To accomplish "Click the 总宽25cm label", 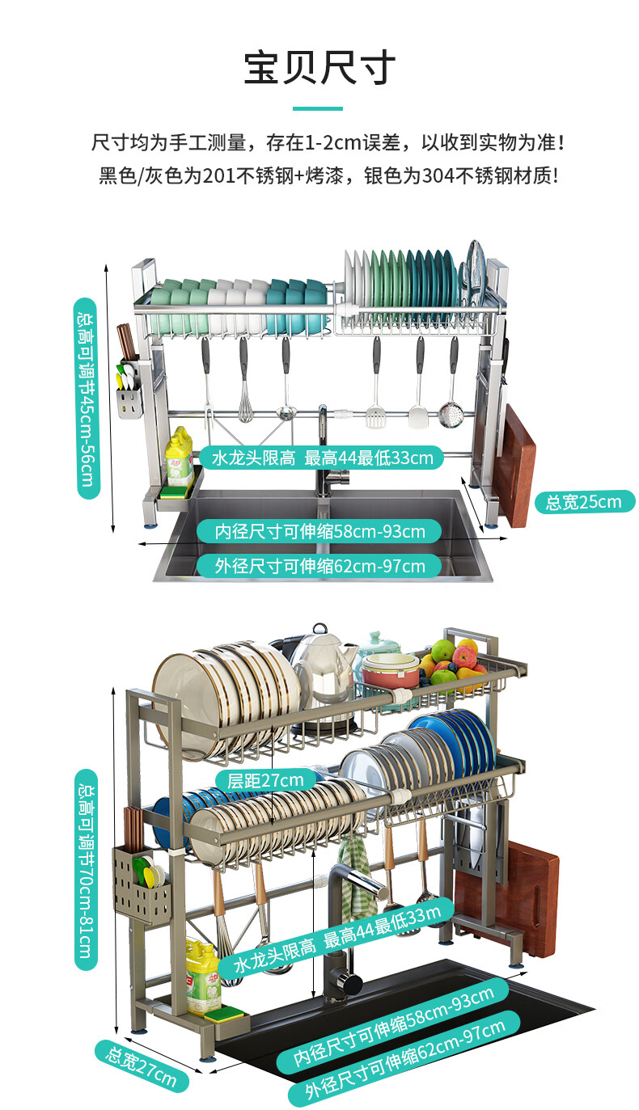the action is tap(584, 502).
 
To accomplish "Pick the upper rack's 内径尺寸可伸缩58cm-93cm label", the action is tap(319, 531).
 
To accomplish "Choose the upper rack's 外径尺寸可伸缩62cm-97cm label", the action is tap(319, 566).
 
